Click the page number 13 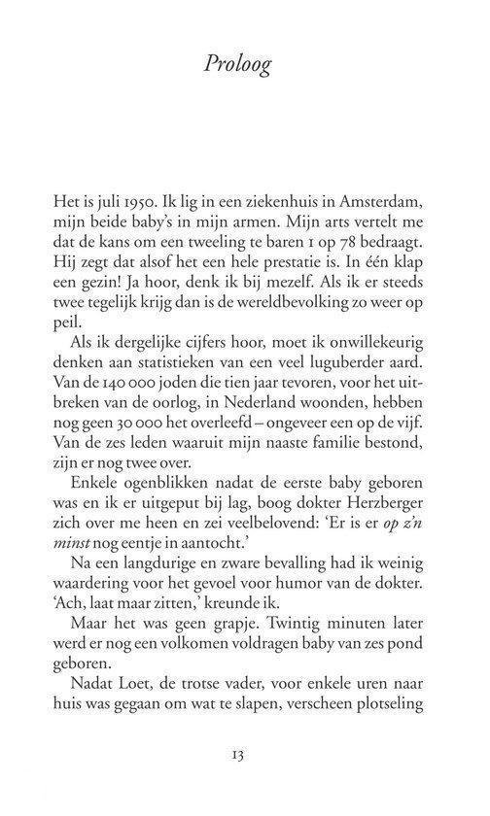(244, 778)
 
